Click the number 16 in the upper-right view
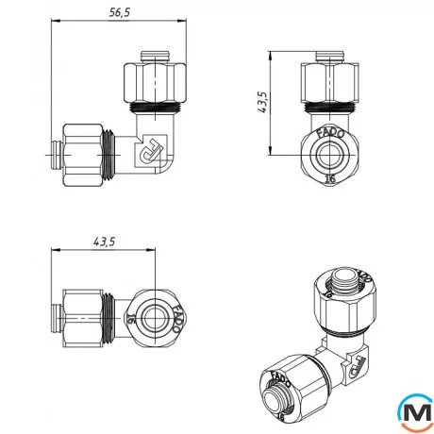tap(329, 177)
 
